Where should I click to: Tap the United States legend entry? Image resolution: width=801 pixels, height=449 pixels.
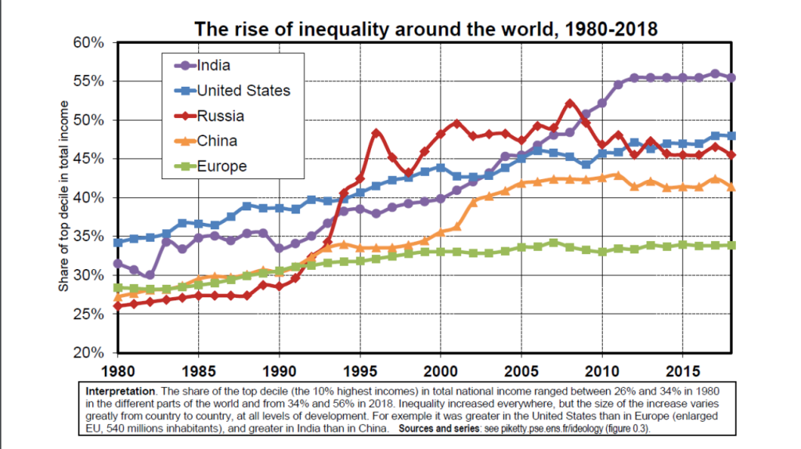[243, 91]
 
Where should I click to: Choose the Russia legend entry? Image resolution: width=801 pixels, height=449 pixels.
[220, 116]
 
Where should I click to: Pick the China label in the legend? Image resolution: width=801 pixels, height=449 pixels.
[217, 141]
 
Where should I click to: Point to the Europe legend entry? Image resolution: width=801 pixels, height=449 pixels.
[221, 166]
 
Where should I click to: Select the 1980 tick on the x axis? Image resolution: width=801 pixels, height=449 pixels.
[117, 368]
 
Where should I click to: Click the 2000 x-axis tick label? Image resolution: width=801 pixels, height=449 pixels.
[440, 368]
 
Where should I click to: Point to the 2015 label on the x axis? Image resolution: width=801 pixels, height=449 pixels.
[682, 368]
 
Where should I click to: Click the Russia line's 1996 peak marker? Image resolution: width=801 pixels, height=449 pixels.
[376, 133]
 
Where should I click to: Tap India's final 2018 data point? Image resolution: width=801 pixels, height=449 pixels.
[731, 77]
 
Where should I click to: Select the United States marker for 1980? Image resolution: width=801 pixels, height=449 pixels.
[117, 242]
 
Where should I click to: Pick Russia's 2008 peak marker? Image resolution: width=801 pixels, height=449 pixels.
[569, 103]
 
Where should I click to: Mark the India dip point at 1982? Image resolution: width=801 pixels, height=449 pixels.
[150, 275]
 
